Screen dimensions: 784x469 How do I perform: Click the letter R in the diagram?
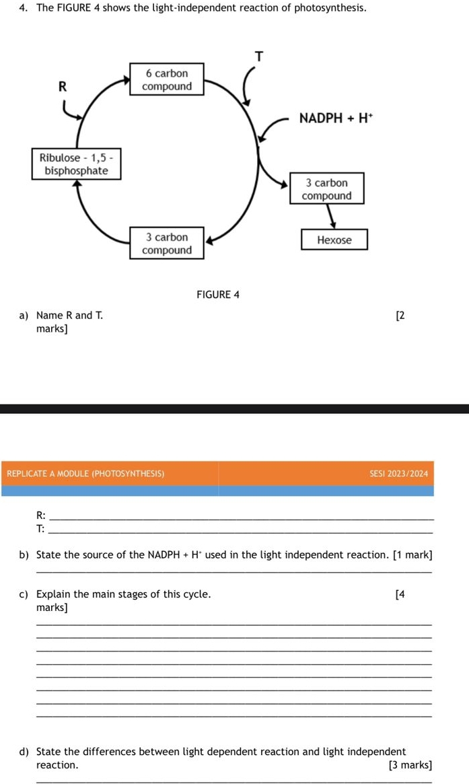[x=63, y=86]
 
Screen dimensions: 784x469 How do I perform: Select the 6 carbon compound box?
[x=167, y=79]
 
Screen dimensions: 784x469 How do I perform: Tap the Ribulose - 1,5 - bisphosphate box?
[x=77, y=164]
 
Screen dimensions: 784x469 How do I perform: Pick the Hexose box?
[x=334, y=240]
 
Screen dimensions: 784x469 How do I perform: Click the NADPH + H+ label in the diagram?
[x=335, y=118]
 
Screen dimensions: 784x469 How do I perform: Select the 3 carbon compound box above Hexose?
[x=326, y=189]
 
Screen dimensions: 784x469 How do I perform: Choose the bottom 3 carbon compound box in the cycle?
[x=167, y=244]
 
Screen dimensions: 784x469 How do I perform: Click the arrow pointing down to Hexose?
[x=331, y=217]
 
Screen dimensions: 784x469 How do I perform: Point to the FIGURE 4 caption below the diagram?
[x=218, y=295]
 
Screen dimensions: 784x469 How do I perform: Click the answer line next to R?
[x=242, y=518]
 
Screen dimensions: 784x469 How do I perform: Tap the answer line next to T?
[x=242, y=532]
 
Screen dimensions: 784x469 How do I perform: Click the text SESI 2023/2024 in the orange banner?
[x=398, y=474]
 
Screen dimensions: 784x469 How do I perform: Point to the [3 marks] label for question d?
[x=410, y=765]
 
